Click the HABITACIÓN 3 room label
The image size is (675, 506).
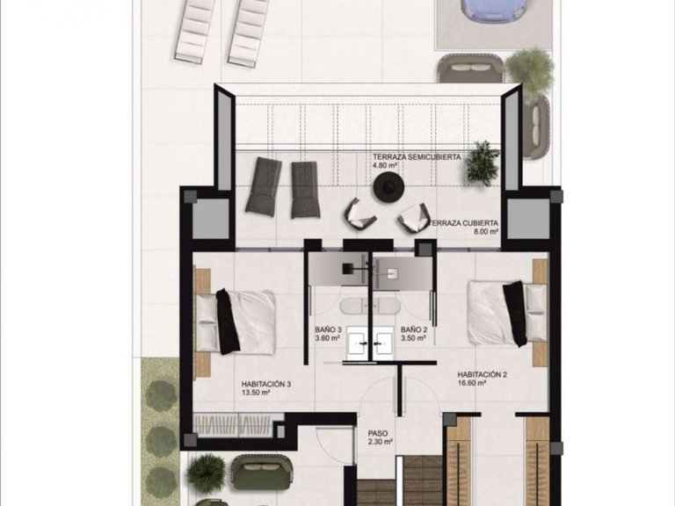coord(265,384)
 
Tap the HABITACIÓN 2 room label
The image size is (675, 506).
coord(483,373)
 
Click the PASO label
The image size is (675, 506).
coord(379,433)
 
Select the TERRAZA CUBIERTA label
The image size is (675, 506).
coord(466,223)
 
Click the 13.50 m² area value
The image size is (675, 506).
coord(255,394)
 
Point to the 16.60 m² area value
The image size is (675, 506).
coord(471,383)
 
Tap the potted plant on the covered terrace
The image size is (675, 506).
coord(482,163)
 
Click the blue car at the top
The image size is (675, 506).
coord(494,11)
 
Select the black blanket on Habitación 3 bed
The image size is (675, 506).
coord(227,321)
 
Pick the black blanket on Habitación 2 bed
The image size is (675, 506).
coord(513,313)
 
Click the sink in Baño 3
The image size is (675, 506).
coord(356,343)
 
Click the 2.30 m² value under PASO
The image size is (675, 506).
coord(379,443)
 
